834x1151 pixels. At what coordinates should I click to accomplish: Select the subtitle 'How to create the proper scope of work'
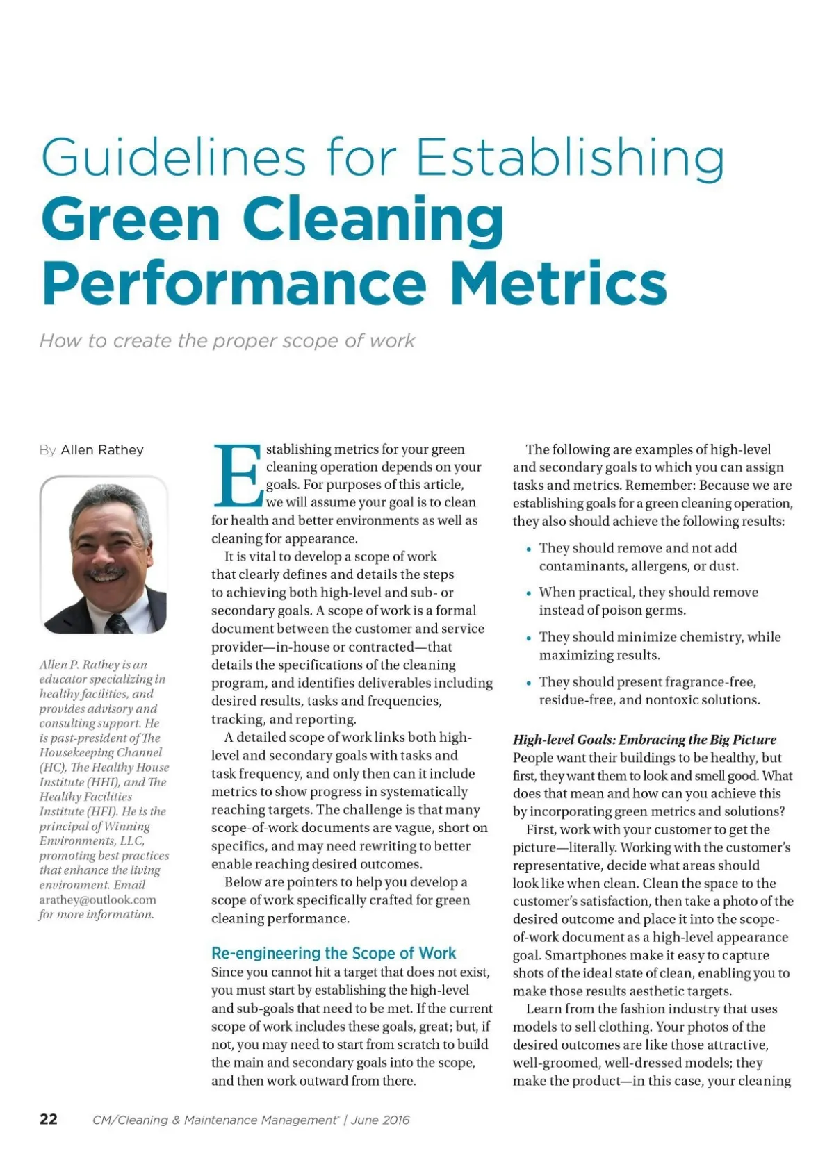coord(227,341)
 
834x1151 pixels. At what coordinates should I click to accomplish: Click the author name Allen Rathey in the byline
coord(102,450)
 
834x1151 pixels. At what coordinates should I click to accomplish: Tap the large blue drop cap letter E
coord(238,477)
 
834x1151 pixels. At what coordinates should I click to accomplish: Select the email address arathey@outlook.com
coord(97,900)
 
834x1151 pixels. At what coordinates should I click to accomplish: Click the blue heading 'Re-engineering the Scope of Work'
coord(334,953)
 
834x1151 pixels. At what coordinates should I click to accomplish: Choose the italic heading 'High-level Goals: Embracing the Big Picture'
coord(644,740)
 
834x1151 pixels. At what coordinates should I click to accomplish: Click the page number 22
coord(49,1119)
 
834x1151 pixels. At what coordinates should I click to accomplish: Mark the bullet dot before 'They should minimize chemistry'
coord(530,638)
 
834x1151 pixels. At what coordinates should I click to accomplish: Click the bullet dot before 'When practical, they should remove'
coord(530,593)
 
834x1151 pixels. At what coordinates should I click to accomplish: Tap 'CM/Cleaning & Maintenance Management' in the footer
coord(214,1120)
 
